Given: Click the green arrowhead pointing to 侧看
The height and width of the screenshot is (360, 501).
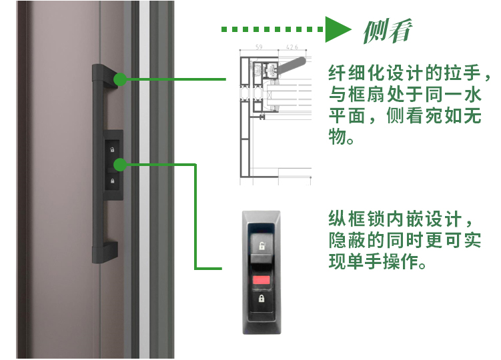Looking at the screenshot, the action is coord(336,29).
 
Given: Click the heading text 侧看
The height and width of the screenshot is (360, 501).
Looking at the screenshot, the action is coord(388,31).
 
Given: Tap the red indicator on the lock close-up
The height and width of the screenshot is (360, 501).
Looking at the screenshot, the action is coord(262,280).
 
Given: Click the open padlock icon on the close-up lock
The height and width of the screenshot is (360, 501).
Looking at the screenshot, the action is coord(262,246).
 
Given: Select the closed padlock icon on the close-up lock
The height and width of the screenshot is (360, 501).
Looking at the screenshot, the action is coord(262,299).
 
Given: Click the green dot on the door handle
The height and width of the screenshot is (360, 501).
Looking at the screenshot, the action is coord(120,79).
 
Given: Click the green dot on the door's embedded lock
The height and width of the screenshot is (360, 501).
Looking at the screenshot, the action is coord(120,165).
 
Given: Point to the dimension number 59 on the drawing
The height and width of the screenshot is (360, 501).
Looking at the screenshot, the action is coord(259,47).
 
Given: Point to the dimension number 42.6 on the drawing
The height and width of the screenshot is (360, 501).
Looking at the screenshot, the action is coord(292,47).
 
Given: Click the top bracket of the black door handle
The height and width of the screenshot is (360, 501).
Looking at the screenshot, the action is coord(105,76).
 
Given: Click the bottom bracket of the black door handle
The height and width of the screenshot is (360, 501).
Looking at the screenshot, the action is coord(105,252).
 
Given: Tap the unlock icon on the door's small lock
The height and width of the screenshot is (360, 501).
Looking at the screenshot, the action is coord(112,149).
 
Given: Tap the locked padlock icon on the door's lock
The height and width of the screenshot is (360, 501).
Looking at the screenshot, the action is coord(113,181).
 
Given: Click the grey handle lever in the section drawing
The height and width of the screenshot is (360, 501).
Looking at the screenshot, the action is coord(292,65).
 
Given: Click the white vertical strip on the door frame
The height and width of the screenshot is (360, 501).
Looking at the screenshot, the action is coord(144,179).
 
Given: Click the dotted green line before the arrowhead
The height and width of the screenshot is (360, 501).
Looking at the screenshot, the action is coord(272,29).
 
